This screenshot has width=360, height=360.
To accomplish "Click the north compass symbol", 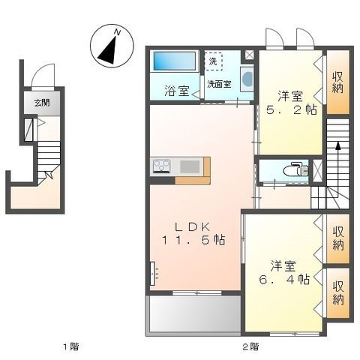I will [x=110, y=45].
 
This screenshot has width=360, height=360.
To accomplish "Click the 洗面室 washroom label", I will [x=220, y=84].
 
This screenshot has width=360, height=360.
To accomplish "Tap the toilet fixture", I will [x=293, y=170].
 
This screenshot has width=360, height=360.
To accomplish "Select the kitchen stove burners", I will [x=162, y=166].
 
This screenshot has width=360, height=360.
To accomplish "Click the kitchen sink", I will [x=189, y=166].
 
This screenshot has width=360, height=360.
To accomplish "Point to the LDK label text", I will [x=187, y=226].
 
